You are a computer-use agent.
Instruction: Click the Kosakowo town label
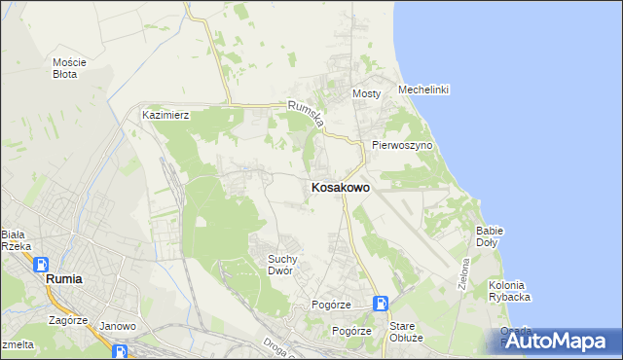(x=339, y=188)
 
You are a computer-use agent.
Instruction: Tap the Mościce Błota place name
(x=69, y=68)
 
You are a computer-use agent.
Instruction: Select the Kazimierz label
(x=165, y=115)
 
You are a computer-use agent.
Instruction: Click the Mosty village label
(x=365, y=93)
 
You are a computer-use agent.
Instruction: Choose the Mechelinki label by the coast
(x=422, y=90)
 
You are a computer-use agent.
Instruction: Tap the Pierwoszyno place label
(x=402, y=145)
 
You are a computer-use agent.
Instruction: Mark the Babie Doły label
(x=489, y=235)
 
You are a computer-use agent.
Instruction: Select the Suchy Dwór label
(x=288, y=265)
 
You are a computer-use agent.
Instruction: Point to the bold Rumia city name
(x=64, y=279)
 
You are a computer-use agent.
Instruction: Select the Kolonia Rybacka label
(x=509, y=291)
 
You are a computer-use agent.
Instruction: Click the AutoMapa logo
(x=558, y=341)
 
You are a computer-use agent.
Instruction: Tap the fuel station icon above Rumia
(x=41, y=264)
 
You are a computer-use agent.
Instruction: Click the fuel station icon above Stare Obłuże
(x=381, y=304)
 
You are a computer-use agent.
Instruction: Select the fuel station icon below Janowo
(x=121, y=351)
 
